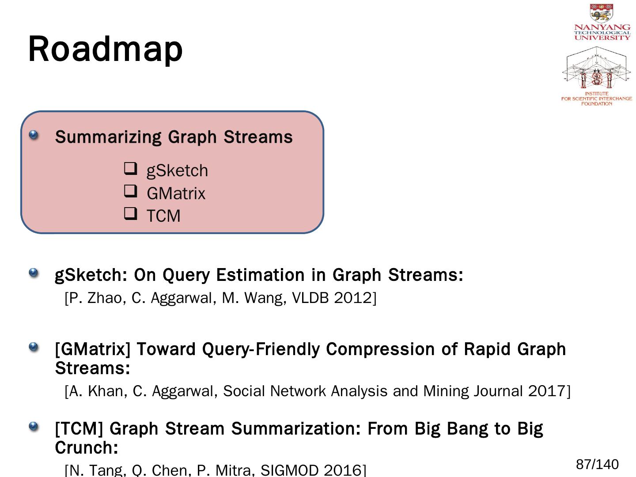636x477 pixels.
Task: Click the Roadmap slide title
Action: [105, 49]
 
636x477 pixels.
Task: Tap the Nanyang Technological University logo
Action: [602, 22]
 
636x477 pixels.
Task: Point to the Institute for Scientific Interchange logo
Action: [597, 76]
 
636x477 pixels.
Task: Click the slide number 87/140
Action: [597, 465]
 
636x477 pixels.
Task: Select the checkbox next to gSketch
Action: [130, 169]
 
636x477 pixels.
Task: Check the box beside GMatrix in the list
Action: [130, 192]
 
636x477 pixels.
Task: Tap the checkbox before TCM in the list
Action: [130, 214]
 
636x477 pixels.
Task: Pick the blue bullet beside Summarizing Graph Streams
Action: [34, 135]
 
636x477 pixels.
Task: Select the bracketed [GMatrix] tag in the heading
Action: [93, 349]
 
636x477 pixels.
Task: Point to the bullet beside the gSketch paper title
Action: [34, 273]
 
